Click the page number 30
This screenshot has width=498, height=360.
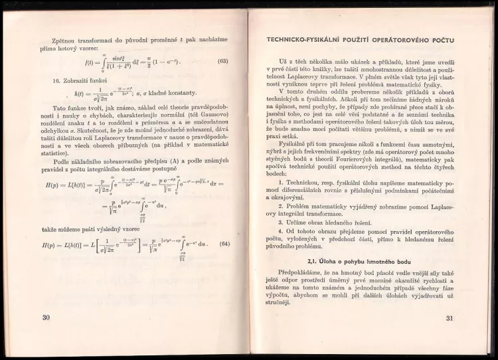[46, 317]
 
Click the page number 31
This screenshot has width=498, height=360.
[449, 317]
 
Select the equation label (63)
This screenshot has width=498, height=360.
[223, 62]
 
